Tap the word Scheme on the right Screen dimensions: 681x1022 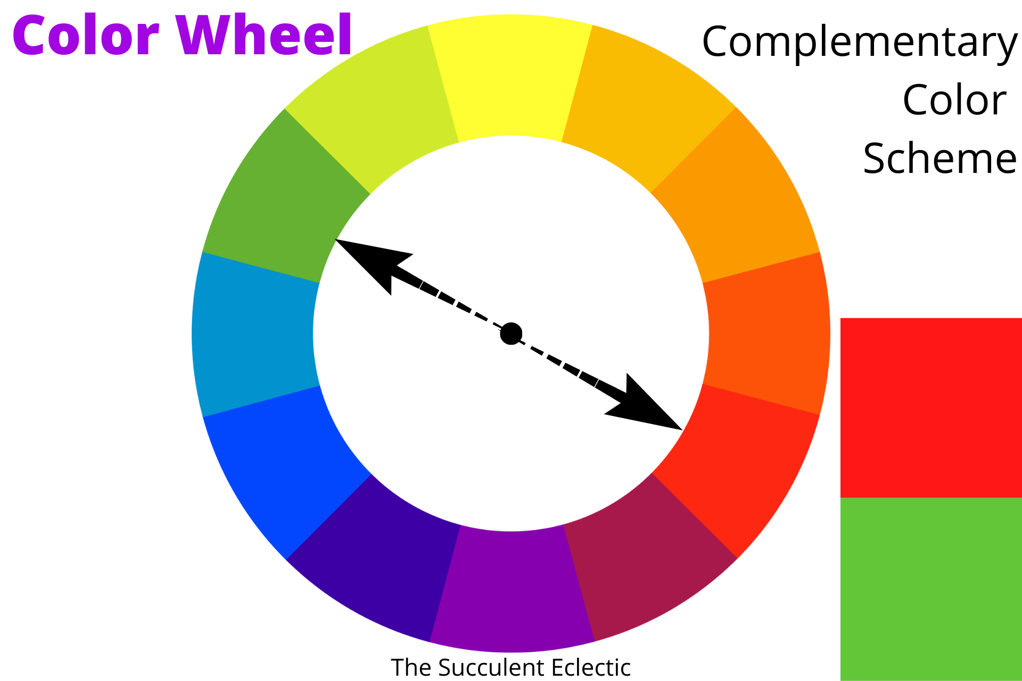tap(939, 159)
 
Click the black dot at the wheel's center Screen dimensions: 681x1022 tap(511, 334)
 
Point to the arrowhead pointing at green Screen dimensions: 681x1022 tap(367, 261)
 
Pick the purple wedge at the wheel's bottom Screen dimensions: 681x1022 tap(511, 591)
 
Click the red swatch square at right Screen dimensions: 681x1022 tap(931, 408)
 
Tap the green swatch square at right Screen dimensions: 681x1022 tap(931, 588)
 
